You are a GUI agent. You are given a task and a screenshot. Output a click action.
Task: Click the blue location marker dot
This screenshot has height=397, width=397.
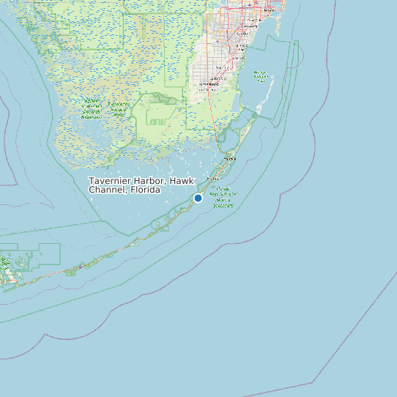pos(198,198)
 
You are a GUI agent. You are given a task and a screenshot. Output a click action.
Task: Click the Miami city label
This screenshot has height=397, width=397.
pos(268,10)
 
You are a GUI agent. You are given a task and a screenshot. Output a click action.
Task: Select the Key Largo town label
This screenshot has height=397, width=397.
pos(230,157)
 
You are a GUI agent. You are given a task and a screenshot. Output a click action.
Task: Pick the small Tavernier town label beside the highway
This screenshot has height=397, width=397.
pos(214,179)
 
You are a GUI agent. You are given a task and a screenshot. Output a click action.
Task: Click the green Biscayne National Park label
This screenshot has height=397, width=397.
pos(261,75)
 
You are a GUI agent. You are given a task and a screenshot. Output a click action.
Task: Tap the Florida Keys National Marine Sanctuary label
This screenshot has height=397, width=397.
pos(223,197)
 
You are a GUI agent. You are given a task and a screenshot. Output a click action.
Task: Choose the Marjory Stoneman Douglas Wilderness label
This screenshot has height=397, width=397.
pos(92,108)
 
